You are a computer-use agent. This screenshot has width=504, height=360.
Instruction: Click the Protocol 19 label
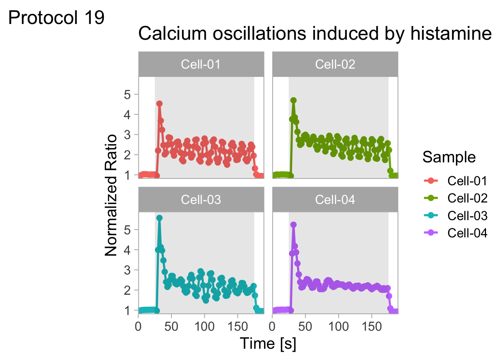[x=56, y=18]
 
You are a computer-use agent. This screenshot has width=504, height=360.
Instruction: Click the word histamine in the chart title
[x=451, y=34]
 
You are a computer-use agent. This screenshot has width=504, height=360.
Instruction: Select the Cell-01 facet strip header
[x=201, y=64]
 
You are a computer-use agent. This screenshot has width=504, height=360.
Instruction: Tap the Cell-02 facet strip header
[x=335, y=64]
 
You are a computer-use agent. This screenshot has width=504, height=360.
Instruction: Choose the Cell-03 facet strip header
[x=201, y=199]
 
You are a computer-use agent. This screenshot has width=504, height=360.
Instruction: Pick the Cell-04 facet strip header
[x=335, y=199]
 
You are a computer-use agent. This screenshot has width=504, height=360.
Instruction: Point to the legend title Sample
[x=449, y=157]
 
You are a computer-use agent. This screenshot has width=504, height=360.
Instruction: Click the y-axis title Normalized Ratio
[x=111, y=195]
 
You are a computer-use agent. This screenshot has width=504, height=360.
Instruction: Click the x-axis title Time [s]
[x=268, y=343]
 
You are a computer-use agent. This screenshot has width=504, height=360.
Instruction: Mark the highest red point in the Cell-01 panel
[x=159, y=103]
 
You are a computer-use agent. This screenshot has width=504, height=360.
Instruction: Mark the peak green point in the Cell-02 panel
[x=294, y=100]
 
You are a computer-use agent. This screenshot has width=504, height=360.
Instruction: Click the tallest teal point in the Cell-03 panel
[x=159, y=218]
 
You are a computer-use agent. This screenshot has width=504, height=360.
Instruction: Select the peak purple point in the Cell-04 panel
[x=294, y=225]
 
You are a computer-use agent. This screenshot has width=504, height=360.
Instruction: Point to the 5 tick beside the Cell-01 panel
[x=127, y=94]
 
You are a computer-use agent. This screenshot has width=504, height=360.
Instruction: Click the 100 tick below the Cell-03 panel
[x=204, y=326]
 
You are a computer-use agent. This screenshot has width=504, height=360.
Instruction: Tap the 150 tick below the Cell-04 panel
[x=372, y=326]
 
